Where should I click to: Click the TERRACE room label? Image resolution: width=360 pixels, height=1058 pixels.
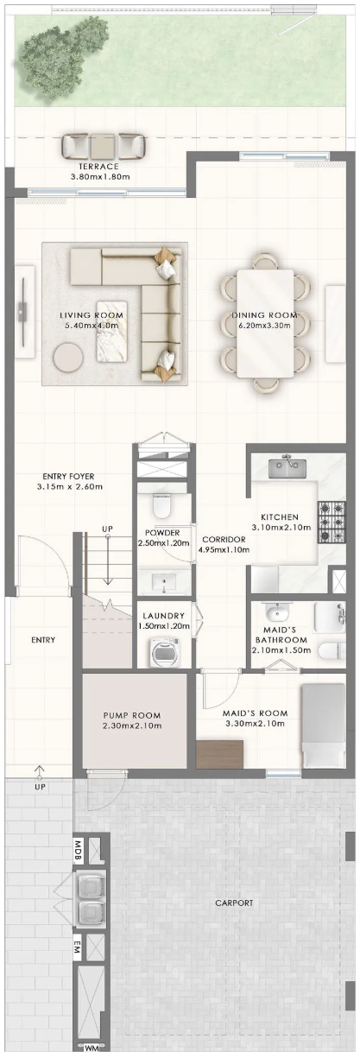pyautogui.click(x=98, y=167)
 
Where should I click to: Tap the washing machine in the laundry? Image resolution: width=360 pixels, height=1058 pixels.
pyautogui.click(x=164, y=653)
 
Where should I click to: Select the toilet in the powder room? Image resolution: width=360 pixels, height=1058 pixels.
pyautogui.click(x=161, y=506)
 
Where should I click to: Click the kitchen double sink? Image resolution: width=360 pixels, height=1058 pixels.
pyautogui.click(x=287, y=468)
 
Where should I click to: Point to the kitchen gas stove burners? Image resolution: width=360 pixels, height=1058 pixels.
pyautogui.click(x=332, y=522)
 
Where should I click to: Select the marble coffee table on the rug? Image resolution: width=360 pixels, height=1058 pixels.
pyautogui.click(x=112, y=331)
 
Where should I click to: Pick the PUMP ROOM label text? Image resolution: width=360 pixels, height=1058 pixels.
pyautogui.click(x=132, y=716)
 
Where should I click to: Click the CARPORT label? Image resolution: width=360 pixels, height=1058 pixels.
pyautogui.click(x=234, y=903)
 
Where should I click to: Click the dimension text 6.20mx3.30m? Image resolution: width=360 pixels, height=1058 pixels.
pyautogui.click(x=264, y=326)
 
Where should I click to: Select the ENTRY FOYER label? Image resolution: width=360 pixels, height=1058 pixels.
pyautogui.click(x=68, y=477)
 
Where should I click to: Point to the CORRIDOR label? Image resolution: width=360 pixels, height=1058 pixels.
pyautogui.click(x=224, y=540)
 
